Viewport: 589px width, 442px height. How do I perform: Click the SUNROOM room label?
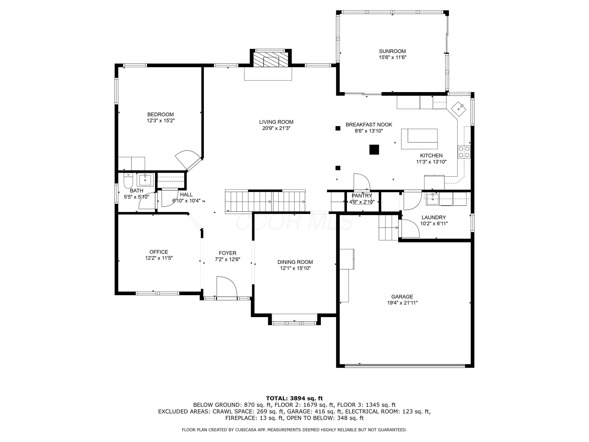click(392, 51)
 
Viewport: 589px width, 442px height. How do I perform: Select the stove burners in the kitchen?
click(464, 152)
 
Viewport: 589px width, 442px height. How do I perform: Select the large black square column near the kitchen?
click(374, 149)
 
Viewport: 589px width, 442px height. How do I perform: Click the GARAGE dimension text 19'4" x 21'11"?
click(402, 303)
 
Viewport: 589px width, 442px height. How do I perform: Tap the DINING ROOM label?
click(295, 262)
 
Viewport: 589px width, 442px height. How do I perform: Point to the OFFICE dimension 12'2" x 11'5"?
click(159, 258)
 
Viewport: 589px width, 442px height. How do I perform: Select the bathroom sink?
click(145, 180)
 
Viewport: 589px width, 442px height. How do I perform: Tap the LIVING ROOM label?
click(276, 122)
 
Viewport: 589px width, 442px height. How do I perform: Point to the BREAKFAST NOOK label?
click(369, 124)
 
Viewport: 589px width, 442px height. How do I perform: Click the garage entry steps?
click(389, 227)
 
